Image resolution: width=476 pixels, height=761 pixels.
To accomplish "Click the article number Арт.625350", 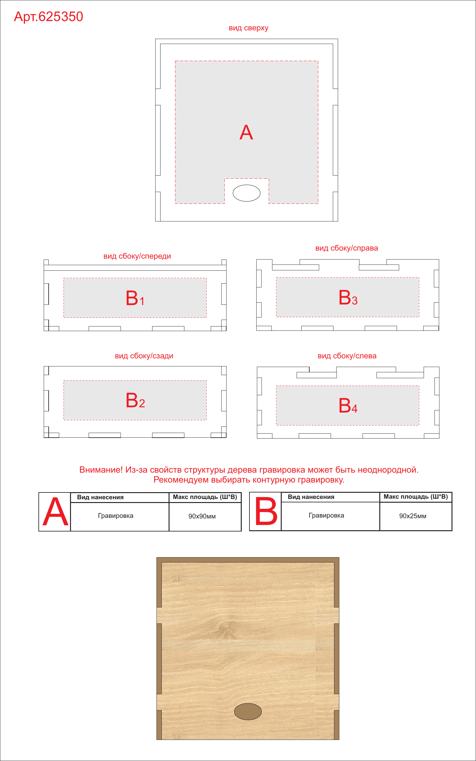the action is (x=48, y=17).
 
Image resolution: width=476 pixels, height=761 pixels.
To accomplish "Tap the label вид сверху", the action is (x=249, y=28).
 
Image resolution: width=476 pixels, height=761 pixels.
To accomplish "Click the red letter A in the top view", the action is (x=246, y=133).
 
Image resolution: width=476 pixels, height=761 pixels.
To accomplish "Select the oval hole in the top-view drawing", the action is (x=246, y=193).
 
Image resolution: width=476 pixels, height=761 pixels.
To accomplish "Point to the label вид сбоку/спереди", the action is (x=137, y=256).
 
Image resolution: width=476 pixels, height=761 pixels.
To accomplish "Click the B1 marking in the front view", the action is (x=135, y=298).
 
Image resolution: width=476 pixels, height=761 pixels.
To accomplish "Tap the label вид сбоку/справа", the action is (x=346, y=248).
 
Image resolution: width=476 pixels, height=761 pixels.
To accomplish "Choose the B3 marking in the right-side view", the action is (x=348, y=297).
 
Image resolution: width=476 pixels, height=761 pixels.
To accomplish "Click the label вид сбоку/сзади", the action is (x=144, y=356).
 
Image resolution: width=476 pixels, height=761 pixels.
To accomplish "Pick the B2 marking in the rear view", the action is (x=135, y=400).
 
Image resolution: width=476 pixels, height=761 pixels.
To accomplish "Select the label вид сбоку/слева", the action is (x=347, y=356).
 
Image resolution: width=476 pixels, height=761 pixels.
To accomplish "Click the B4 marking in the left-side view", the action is (x=348, y=405).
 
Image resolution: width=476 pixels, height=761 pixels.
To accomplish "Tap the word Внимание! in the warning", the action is (x=101, y=470).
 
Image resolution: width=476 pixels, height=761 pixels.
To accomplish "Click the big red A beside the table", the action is (x=55, y=512).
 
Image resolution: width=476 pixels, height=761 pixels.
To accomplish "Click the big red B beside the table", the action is (x=266, y=511).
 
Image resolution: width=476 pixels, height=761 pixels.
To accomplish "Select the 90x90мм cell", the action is (x=202, y=516).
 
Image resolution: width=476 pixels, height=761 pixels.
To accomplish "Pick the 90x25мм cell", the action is (x=413, y=516).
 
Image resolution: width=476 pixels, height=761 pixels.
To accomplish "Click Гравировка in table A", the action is (x=116, y=516).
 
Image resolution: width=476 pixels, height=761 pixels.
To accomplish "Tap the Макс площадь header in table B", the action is (x=416, y=497).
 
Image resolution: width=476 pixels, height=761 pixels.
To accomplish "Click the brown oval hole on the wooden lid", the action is (x=248, y=712).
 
